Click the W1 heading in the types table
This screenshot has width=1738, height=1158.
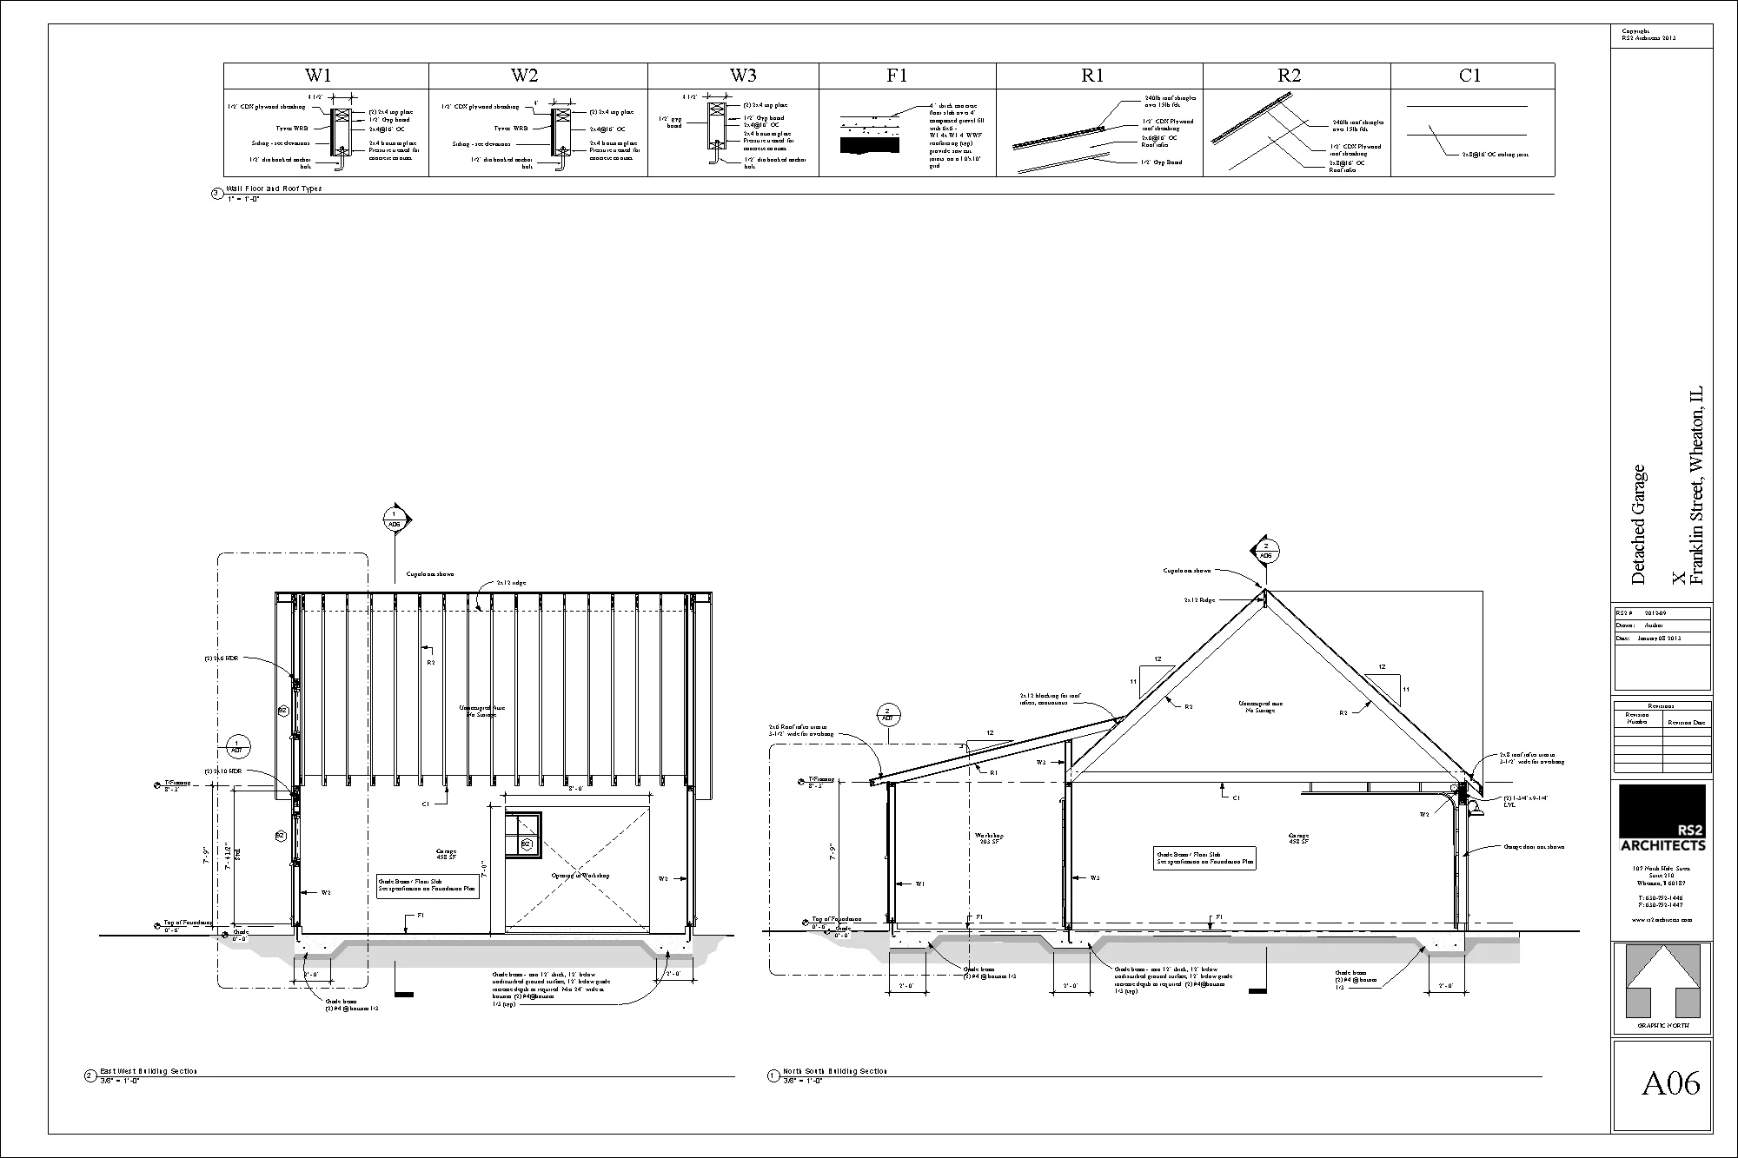[x=317, y=76]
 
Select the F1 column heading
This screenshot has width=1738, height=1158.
[x=897, y=76]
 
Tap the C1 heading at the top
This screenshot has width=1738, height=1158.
[x=1469, y=76]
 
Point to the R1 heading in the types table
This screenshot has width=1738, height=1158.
[x=1092, y=76]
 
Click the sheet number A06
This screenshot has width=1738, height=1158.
[x=1670, y=1083]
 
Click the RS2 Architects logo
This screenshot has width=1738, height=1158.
[x=1662, y=819]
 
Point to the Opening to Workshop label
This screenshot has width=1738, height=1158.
[x=580, y=876]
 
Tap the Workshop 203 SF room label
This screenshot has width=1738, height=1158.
[x=989, y=838]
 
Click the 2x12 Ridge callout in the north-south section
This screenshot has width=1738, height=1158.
[x=1199, y=599]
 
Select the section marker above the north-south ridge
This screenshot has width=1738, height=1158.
[x=1265, y=550]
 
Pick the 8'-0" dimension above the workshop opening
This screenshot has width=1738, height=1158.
[x=575, y=790]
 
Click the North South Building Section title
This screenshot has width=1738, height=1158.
[x=834, y=1071]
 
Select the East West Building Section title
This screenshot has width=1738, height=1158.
[x=148, y=1071]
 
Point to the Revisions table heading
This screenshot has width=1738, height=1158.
[x=1662, y=706]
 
